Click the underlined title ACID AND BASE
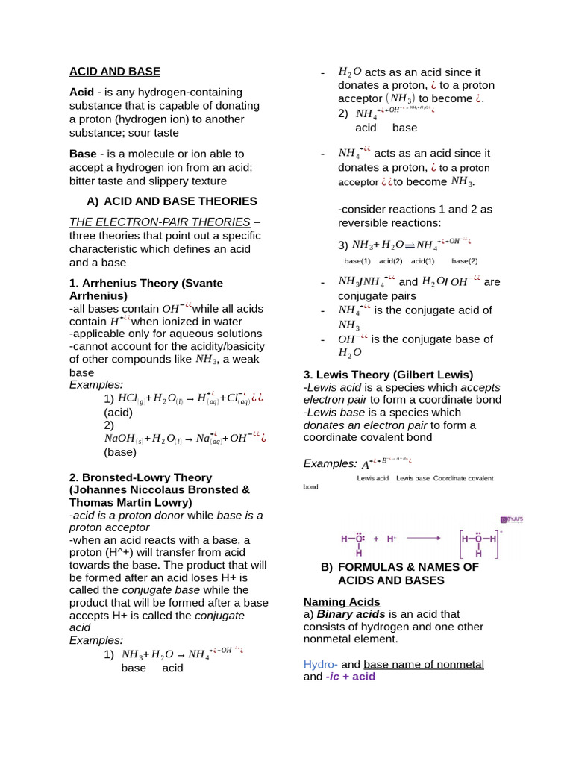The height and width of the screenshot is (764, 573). [114, 72]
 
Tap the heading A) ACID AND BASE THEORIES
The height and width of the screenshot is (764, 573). [172, 201]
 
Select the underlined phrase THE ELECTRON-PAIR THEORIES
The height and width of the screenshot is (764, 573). [160, 222]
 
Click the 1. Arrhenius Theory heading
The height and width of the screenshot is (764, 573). [145, 284]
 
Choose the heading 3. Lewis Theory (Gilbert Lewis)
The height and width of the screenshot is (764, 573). [388, 375]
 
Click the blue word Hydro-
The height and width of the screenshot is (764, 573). [320, 664]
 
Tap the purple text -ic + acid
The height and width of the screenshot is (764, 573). [350, 677]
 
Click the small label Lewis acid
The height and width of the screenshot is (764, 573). [372, 478]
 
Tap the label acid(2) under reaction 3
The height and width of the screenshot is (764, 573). [390, 261]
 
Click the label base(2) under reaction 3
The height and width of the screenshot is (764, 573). [464, 261]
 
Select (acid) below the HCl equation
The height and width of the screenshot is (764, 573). [118, 412]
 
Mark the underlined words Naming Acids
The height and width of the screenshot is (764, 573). [341, 601]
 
